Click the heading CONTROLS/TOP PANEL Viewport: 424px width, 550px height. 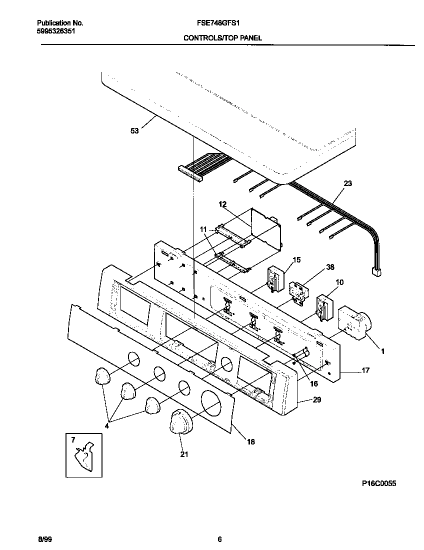[222, 38]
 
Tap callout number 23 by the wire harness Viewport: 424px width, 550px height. [347, 183]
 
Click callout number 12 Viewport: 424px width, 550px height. [222, 204]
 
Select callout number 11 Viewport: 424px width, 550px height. [203, 229]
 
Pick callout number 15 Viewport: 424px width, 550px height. [296, 259]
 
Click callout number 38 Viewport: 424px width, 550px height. [329, 267]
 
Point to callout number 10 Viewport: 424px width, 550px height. [339, 282]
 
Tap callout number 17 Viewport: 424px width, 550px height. [365, 370]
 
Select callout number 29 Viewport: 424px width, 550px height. [316, 399]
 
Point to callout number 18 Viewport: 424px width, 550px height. [250, 441]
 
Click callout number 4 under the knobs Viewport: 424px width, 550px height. [106, 426]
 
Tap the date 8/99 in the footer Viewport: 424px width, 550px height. [44, 539]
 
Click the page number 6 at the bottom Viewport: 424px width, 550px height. [219, 539]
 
